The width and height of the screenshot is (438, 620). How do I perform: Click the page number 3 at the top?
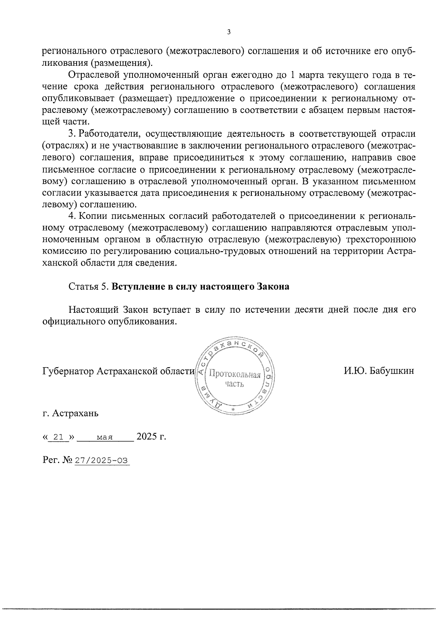coord(228,32)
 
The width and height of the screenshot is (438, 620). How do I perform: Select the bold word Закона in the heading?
coord(274,287)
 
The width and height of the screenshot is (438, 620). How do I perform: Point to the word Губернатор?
coord(68,371)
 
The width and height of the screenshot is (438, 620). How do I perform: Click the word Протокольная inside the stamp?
coord(235,375)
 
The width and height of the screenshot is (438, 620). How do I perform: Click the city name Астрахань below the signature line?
coord(75,414)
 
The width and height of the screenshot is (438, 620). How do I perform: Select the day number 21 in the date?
coord(59,437)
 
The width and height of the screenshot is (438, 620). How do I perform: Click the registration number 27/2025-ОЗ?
coord(102,461)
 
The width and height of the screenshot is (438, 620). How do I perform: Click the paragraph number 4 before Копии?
coord(72,216)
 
